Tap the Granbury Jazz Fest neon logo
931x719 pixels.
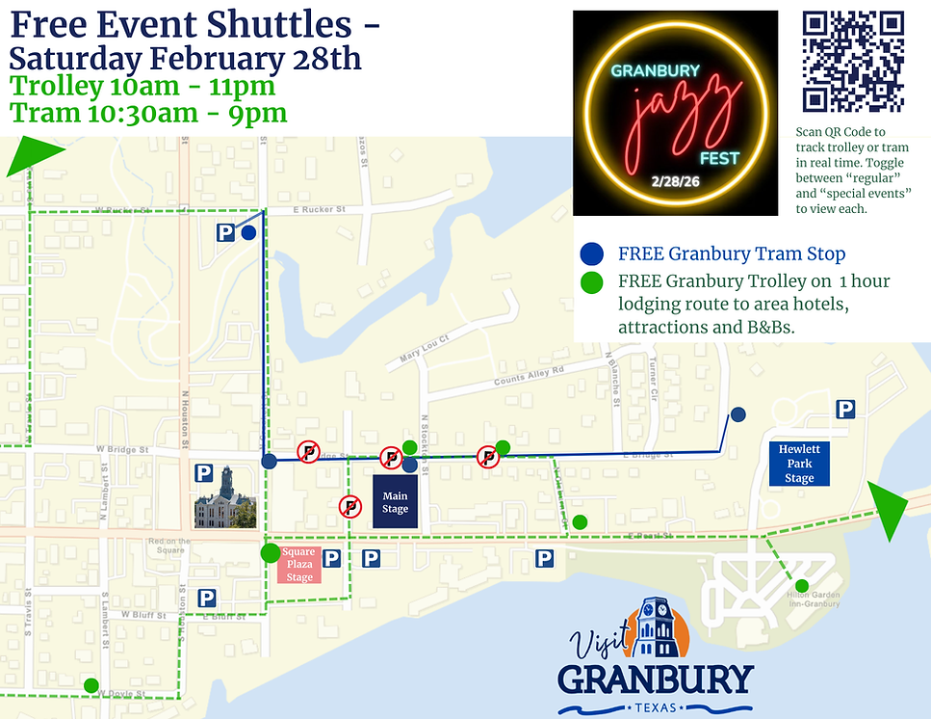coord(675,112)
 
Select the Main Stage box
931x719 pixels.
coord(395,502)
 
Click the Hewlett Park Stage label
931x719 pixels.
coord(799,464)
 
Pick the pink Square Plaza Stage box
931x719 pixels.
coord(299,565)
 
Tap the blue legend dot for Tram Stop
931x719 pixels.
coord(593,253)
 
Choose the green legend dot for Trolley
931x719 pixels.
coord(593,282)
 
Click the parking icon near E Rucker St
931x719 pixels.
coord(225,232)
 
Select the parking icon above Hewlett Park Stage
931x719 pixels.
coord(845,410)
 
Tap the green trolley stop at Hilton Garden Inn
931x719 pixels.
coord(801,585)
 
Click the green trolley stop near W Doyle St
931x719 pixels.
coord(91,685)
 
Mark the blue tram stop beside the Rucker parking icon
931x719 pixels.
coord(248,232)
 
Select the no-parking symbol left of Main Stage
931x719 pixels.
coord(349,506)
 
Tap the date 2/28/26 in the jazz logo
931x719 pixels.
coord(674,181)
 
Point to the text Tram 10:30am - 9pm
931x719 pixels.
coord(148,113)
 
